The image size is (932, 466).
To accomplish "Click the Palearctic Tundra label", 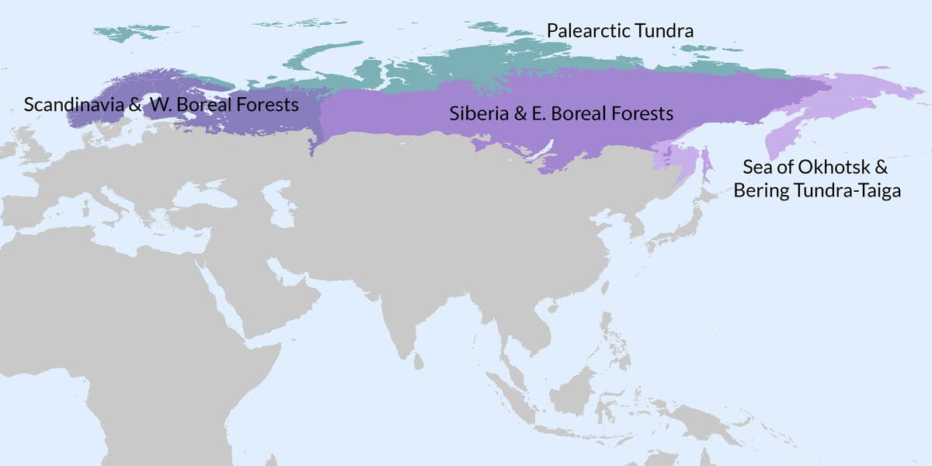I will click(620, 31).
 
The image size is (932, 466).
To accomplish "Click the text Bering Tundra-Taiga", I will click(817, 190).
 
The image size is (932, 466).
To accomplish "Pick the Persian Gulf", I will click(284, 268).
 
